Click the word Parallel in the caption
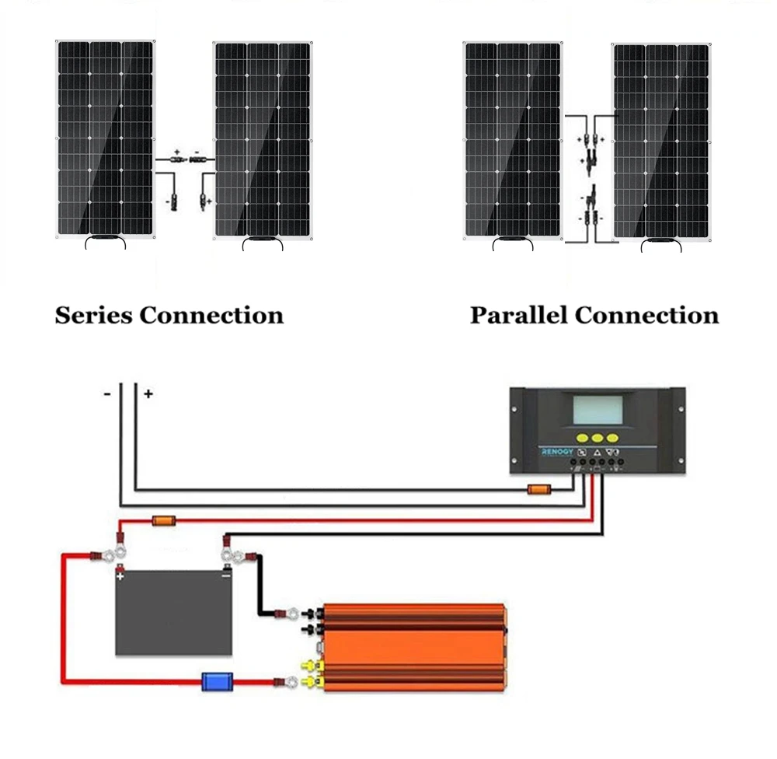pyautogui.click(x=518, y=316)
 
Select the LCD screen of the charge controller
pyautogui.click(x=598, y=410)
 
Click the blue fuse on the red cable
pyautogui.click(x=213, y=683)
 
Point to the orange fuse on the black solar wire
pyautogui.click(x=539, y=490)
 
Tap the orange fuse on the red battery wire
pyautogui.click(x=162, y=520)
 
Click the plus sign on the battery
pyautogui.click(x=120, y=577)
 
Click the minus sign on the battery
pyautogui.click(x=225, y=577)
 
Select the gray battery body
pyautogui.click(x=173, y=614)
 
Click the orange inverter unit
pyautogui.click(x=416, y=647)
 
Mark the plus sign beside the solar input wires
pyautogui.click(x=148, y=394)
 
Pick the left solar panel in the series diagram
pyautogui.click(x=105, y=138)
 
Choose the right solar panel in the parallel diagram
pyautogui.click(x=660, y=142)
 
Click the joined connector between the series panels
pyautogui.click(x=186, y=159)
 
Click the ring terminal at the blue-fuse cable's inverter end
pyautogui.click(x=289, y=683)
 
